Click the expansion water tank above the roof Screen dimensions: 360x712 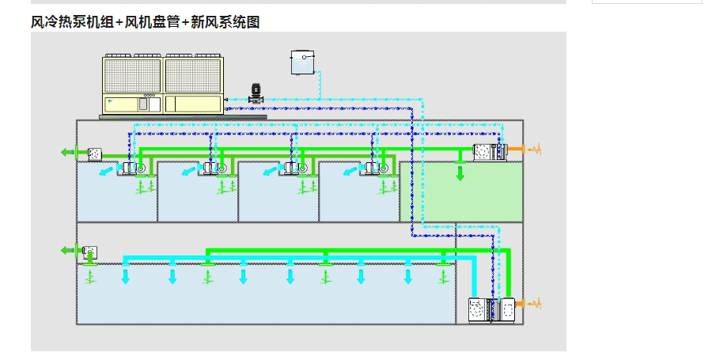(303, 62)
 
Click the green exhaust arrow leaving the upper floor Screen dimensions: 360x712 (68, 153)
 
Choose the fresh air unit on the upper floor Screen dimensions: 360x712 (490, 152)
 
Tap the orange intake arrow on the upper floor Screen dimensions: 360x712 (523, 149)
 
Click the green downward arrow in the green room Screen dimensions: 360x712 (460, 172)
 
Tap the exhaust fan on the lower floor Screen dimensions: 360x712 (90, 252)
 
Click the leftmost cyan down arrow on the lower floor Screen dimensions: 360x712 (125, 276)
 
